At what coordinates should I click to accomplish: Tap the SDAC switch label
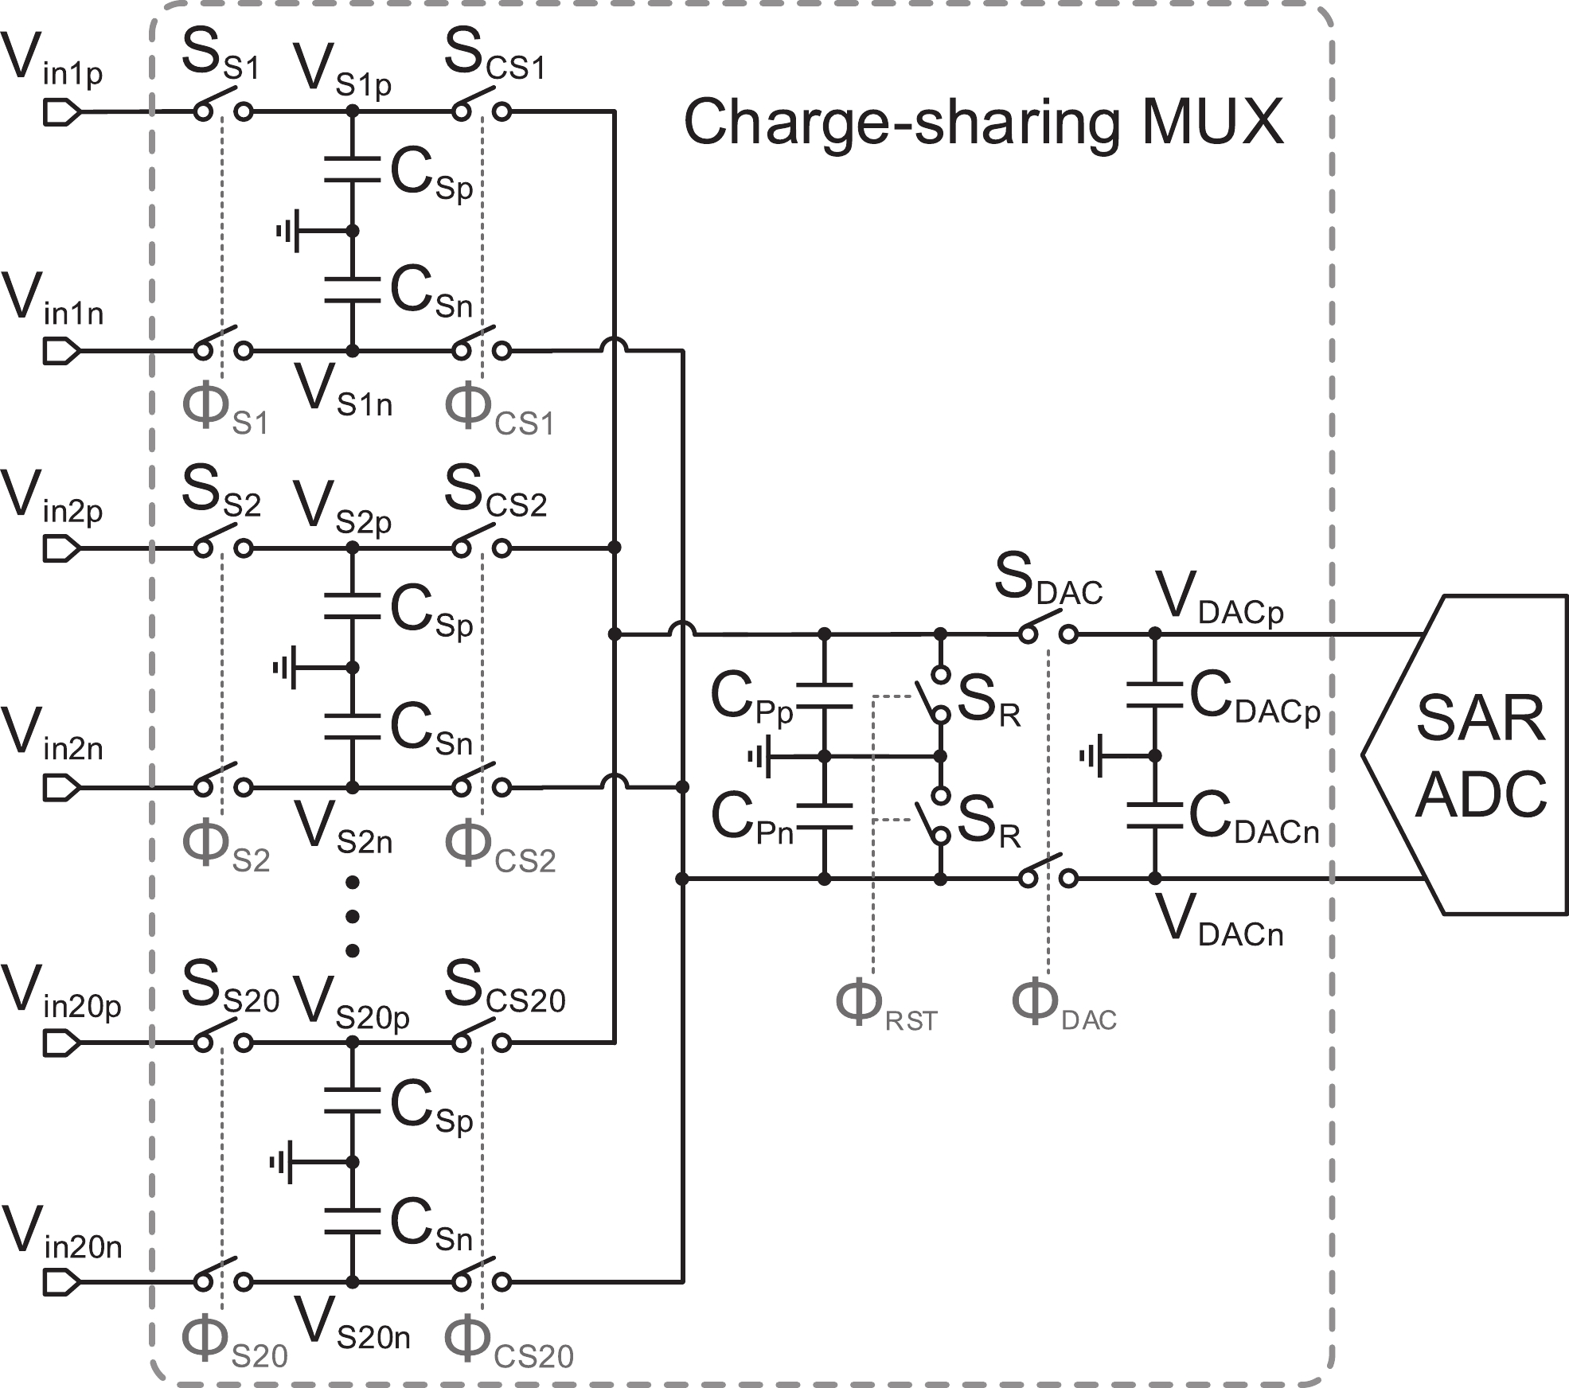(x=1048, y=581)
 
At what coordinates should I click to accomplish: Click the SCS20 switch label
(x=504, y=988)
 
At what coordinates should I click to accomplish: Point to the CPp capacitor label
(x=751, y=699)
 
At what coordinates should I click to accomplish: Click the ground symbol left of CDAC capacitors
(x=1091, y=755)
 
